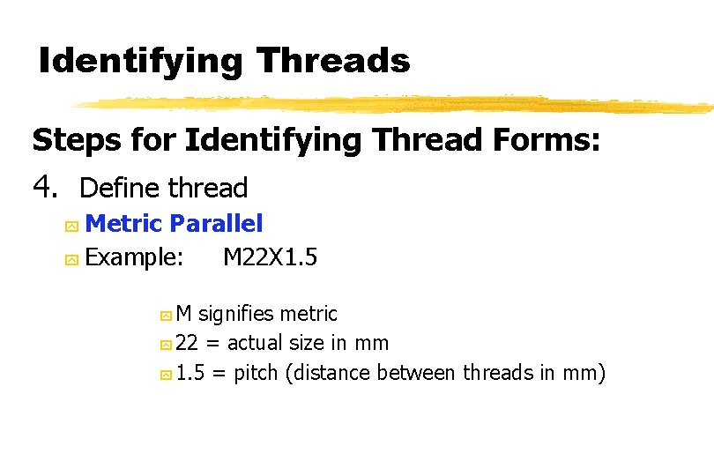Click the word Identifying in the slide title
click(141, 62)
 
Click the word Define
click(120, 188)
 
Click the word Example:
click(136, 257)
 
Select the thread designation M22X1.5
click(271, 257)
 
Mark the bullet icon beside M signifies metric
click(165, 316)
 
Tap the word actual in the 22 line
click(255, 343)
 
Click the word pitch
click(257, 374)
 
